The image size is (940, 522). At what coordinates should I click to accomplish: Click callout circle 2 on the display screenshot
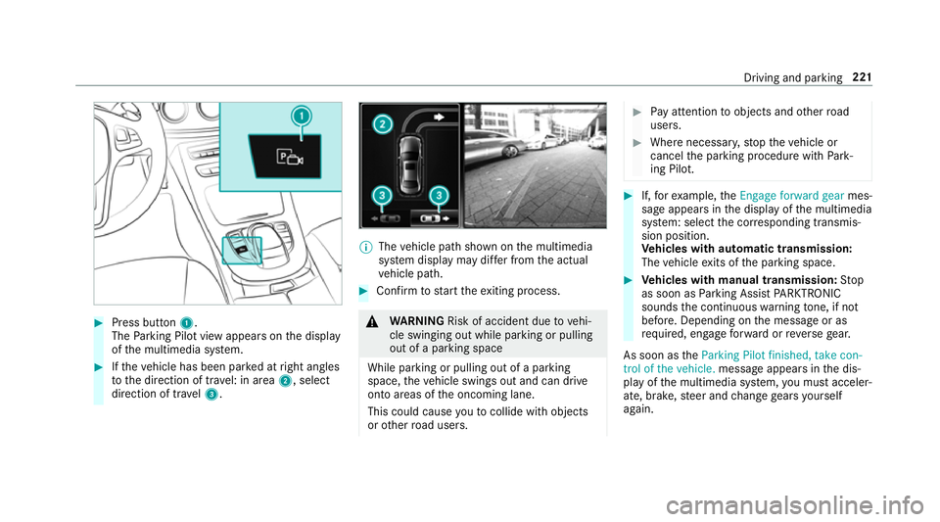click(x=381, y=124)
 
